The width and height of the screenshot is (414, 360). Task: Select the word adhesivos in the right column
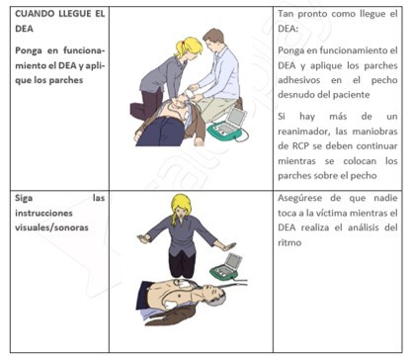299,80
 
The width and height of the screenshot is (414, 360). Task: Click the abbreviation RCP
300,145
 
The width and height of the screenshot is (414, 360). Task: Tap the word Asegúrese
300,198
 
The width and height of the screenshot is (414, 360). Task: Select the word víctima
332,213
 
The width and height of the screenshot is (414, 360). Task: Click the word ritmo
290,242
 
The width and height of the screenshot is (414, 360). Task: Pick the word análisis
364,227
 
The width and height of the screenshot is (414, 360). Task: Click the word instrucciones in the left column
43,213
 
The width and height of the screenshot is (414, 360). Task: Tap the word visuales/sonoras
51,227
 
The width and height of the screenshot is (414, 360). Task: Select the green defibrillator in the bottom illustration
227,266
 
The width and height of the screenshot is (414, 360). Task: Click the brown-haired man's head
213,40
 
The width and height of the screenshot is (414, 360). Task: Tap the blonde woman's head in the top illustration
189,47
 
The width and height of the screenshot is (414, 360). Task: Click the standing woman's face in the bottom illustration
181,212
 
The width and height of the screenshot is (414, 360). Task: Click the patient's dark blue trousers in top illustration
162,132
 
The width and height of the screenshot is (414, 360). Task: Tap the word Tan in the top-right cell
286,14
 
